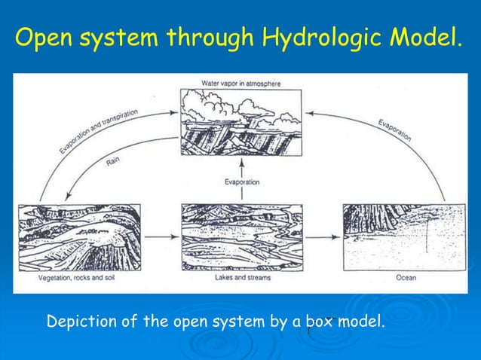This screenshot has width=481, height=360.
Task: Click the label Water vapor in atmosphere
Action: [240, 84]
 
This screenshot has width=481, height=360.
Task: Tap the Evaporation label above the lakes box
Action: [241, 182]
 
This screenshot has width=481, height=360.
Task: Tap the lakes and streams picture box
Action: [241, 237]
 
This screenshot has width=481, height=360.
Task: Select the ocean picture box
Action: [396, 237]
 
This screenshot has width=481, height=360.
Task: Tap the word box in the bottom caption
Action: [320, 322]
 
